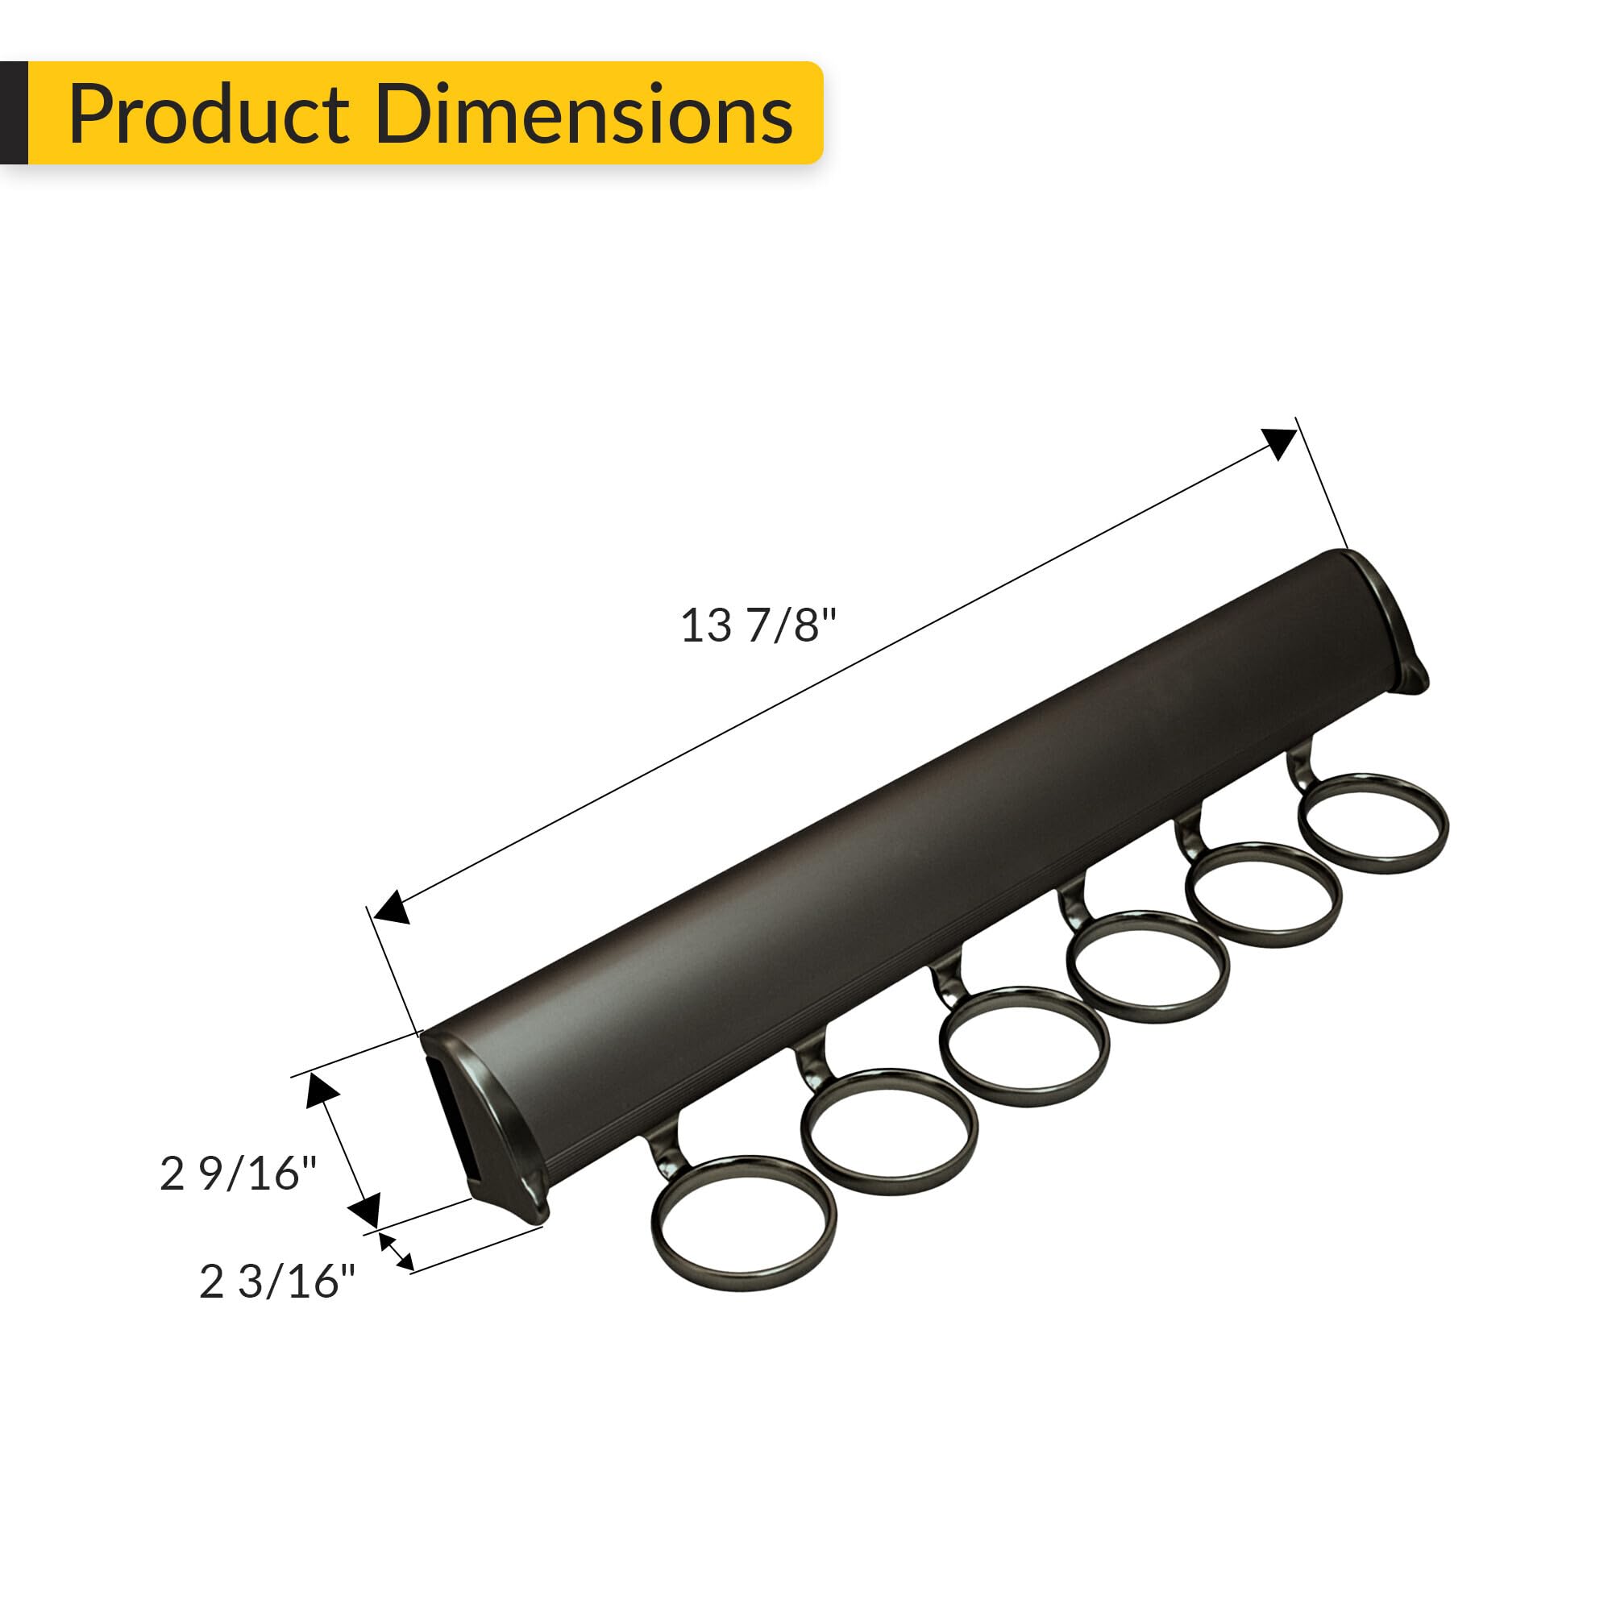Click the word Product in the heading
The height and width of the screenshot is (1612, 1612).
tap(209, 115)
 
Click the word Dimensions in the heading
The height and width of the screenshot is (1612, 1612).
tap(584, 115)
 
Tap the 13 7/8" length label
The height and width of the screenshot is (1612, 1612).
tap(758, 625)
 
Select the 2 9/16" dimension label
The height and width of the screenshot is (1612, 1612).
tap(238, 1173)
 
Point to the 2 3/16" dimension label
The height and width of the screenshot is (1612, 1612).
tap(276, 1282)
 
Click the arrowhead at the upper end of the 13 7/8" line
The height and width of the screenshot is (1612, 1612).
tap(1279, 443)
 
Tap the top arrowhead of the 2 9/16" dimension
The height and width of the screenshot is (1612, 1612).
tap(322, 1090)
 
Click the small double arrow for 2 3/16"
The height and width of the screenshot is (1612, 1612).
tap(397, 1252)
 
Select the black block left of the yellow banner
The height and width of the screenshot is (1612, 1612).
tap(14, 113)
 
